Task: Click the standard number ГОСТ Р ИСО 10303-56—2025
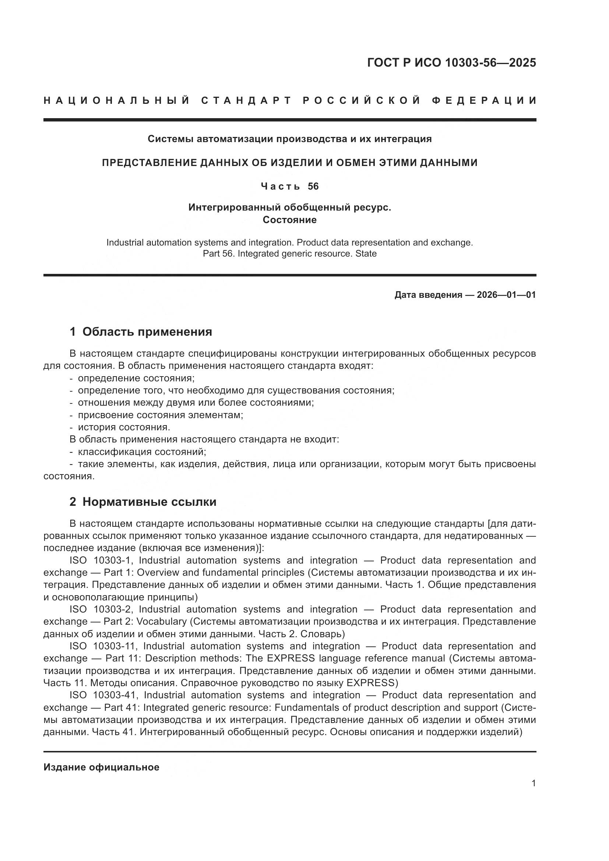click(451, 63)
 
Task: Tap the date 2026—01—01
click(506, 295)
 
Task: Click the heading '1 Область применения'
click(141, 332)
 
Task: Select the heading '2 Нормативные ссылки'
click(143, 502)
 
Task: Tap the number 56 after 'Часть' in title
click(313, 186)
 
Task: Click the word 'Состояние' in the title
click(289, 220)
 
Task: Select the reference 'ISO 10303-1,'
click(101, 560)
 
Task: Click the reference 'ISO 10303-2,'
click(101, 609)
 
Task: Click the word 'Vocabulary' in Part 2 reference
click(161, 621)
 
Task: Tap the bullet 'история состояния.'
click(124, 427)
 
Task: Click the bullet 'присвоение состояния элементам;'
click(161, 415)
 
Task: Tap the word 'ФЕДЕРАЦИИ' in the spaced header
click(484, 100)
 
